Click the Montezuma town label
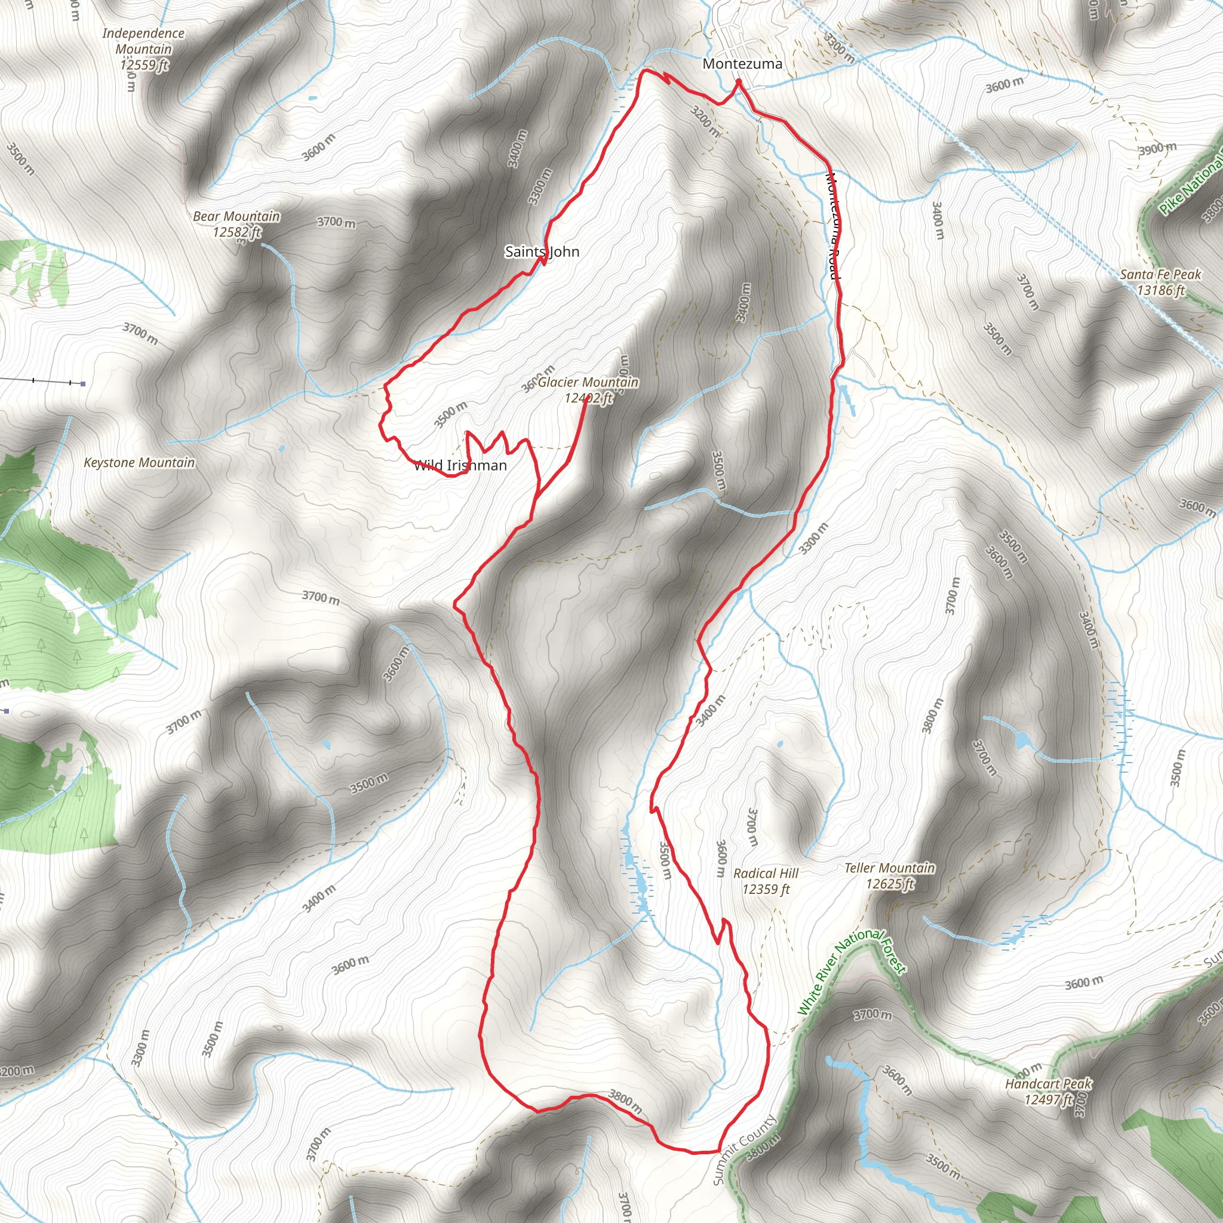[742, 64]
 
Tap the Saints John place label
[542, 252]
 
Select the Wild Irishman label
[460, 466]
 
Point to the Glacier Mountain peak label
[588, 382]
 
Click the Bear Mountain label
[236, 217]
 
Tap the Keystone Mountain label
[139, 463]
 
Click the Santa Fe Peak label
[1160, 275]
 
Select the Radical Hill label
[766, 874]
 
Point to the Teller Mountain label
[889, 868]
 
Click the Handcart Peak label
[1047, 1084]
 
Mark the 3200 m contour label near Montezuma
[705, 121]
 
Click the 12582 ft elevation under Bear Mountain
[236, 232]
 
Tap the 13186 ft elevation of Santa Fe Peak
[1160, 291]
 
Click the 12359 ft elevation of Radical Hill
[766, 889]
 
